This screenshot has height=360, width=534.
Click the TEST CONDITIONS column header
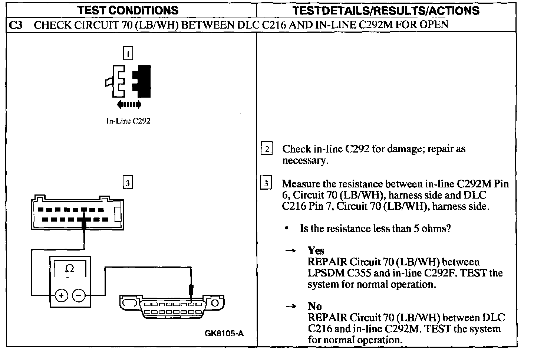pyautogui.click(x=128, y=10)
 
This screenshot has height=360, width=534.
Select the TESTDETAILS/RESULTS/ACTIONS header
pyautogui.click(x=386, y=10)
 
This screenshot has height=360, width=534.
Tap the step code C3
pyautogui.click(x=16, y=25)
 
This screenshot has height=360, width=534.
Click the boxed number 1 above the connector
pyautogui.click(x=128, y=54)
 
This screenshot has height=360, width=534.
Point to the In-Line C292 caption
pyautogui.click(x=128, y=121)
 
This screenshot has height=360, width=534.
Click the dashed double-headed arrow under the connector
pyautogui.click(x=129, y=105)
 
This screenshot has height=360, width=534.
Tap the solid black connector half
pyautogui.click(x=142, y=81)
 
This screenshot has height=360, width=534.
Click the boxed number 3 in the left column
pyautogui.click(x=128, y=183)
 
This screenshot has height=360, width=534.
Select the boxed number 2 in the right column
pyautogui.click(x=267, y=149)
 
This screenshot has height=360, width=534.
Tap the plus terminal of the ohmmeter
pyautogui.click(x=61, y=295)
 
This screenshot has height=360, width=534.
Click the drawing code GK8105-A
pyautogui.click(x=224, y=333)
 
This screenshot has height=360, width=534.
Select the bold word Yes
pyautogui.click(x=316, y=251)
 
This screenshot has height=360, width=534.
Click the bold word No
pyautogui.click(x=314, y=306)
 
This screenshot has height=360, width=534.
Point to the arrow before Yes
pyautogui.click(x=290, y=251)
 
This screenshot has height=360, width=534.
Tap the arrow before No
pyautogui.click(x=290, y=307)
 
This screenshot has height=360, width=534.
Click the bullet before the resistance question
pyautogui.click(x=287, y=229)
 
